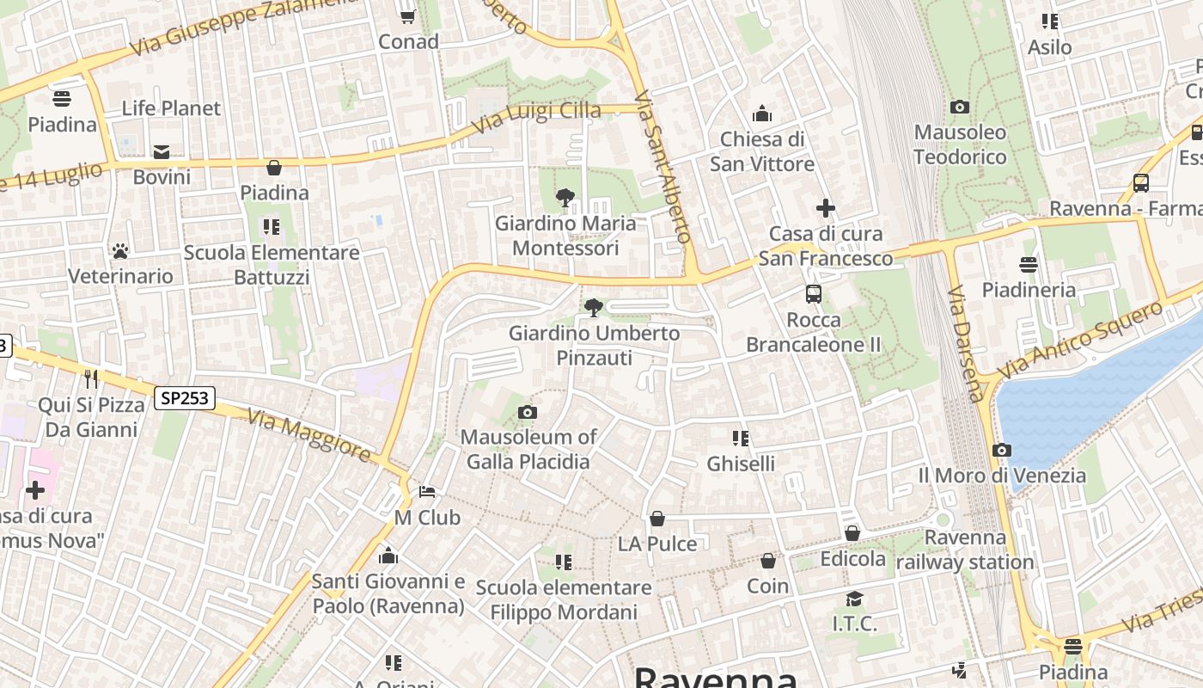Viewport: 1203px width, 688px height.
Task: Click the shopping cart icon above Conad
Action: pos(408,16)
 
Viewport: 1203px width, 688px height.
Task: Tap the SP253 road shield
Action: pos(185,397)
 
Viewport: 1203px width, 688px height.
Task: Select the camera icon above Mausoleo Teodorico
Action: pos(960,107)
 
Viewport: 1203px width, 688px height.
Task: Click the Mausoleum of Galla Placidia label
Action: pos(528,449)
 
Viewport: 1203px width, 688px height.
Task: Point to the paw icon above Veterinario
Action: pos(120,251)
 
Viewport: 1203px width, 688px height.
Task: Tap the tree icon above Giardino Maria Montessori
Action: pos(565,198)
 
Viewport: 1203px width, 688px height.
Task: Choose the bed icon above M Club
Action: pos(427,492)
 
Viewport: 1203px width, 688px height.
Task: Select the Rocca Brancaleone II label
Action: pos(814,332)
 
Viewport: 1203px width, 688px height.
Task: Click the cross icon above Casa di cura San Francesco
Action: pos(825,208)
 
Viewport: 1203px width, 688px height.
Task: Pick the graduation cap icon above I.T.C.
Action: pos(854,598)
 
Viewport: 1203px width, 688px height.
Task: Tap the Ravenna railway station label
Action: pos(965,550)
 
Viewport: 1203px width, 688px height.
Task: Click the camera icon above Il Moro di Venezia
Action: pos(1001,450)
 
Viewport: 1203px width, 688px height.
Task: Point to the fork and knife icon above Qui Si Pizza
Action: pos(91,379)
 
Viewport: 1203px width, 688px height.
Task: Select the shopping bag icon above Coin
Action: pos(767,561)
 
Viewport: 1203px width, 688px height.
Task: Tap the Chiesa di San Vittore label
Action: pos(762,151)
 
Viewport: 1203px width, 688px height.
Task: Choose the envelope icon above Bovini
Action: pos(162,152)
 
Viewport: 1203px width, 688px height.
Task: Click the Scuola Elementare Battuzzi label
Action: pos(272,265)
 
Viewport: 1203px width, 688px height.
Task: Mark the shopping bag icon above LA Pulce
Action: pos(657,519)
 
